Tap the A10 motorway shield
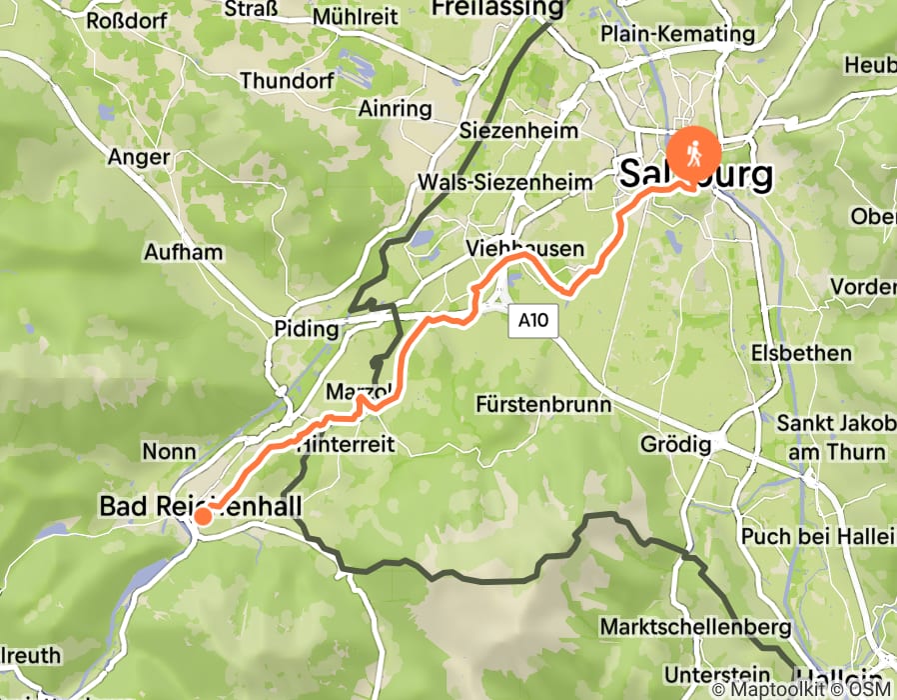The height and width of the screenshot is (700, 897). point(534,321)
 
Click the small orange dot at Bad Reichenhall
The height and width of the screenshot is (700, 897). point(202,516)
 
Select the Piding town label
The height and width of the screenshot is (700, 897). point(306,329)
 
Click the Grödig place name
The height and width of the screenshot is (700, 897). point(678,444)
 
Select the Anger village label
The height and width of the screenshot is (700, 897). point(139,156)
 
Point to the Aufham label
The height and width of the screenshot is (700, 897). point(183,251)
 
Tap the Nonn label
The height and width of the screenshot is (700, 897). point(169,452)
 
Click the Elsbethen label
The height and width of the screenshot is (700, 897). point(801,353)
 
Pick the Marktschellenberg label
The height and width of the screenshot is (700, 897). point(695,627)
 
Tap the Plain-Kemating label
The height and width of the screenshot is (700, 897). point(677,33)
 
